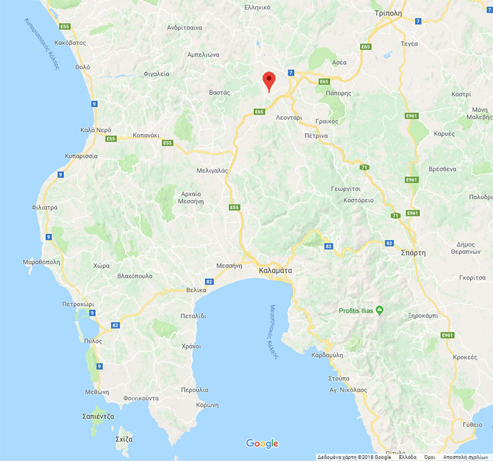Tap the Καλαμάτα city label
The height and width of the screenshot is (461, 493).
click(275, 271)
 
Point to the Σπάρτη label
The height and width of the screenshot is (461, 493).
click(412, 253)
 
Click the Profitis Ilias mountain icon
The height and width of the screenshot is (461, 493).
click(379, 311)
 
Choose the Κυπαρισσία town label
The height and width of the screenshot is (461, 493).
click(81, 156)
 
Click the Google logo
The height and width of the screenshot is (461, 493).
click(262, 443)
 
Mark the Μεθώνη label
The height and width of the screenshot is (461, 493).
click(97, 392)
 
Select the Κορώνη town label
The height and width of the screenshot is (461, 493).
click(207, 405)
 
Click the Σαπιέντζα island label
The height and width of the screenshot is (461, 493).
click(99, 416)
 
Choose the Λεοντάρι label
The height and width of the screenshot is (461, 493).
click(289, 119)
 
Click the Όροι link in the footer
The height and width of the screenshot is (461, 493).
click(429, 457)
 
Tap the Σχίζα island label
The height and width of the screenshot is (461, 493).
click(124, 439)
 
